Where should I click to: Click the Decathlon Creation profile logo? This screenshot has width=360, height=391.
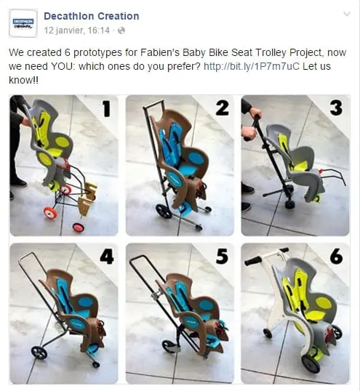[23, 23]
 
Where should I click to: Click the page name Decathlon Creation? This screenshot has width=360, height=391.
[91, 16]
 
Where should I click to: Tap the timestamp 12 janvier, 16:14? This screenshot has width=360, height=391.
[77, 31]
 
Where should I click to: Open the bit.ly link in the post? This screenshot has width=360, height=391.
[251, 66]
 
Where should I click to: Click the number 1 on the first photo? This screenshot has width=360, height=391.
[105, 110]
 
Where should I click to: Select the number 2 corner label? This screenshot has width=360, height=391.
[222, 109]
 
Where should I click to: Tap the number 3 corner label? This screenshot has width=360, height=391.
[335, 109]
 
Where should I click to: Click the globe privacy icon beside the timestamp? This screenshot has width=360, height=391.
[121, 31]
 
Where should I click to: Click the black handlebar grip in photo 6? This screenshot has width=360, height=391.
[252, 259]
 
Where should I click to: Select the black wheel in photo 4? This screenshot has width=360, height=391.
[39, 352]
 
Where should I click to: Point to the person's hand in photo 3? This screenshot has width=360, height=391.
[254, 114]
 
